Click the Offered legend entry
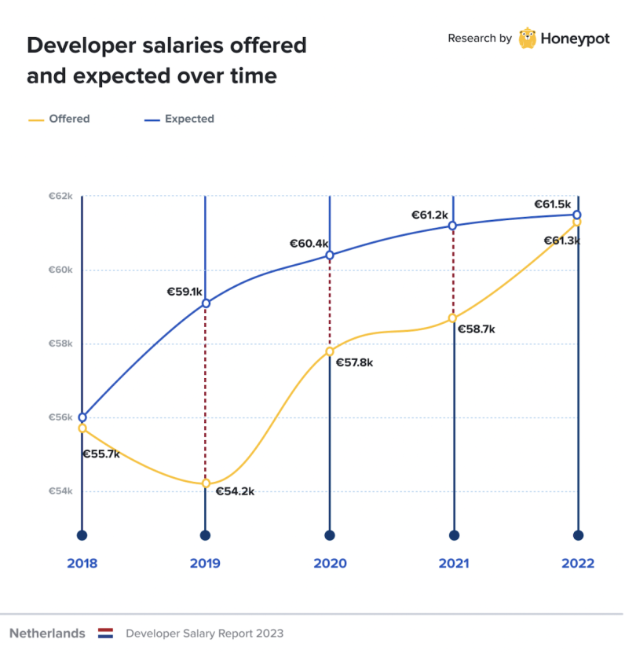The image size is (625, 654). (60, 119)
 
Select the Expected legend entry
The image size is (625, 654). (180, 119)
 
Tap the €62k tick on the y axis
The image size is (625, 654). (61, 196)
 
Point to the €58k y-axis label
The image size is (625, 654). (61, 344)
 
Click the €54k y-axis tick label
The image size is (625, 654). (61, 491)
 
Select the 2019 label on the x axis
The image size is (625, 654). (205, 564)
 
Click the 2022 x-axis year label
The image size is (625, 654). (578, 564)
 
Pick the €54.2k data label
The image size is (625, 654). (235, 491)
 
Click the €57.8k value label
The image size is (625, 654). (355, 362)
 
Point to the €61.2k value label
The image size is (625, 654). (429, 215)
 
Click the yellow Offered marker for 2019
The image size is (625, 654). (206, 483)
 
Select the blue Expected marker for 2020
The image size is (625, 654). (330, 255)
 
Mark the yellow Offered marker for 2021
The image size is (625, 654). (453, 318)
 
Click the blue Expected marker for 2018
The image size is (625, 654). (82, 417)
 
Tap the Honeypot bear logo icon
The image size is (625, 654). (528, 38)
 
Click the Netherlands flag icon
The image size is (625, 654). (106, 634)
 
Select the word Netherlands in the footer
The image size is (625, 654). (47, 634)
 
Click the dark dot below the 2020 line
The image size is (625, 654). (330, 535)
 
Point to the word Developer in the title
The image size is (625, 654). (75, 46)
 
